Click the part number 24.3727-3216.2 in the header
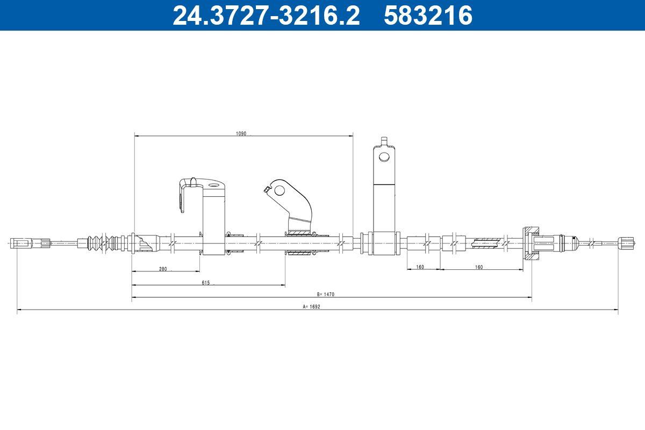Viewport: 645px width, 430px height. click(266, 15)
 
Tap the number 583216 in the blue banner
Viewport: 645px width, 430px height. click(428, 15)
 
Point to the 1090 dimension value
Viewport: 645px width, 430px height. click(241, 134)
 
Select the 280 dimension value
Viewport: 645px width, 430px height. click(163, 269)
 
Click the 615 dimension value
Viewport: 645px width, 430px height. click(205, 283)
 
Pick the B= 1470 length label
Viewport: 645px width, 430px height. click(326, 295)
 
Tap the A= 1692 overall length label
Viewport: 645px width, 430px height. click(312, 307)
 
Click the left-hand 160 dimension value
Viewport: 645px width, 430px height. click(420, 267)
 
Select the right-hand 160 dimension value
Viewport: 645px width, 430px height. click(478, 267)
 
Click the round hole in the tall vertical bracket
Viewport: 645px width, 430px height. click(384, 156)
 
